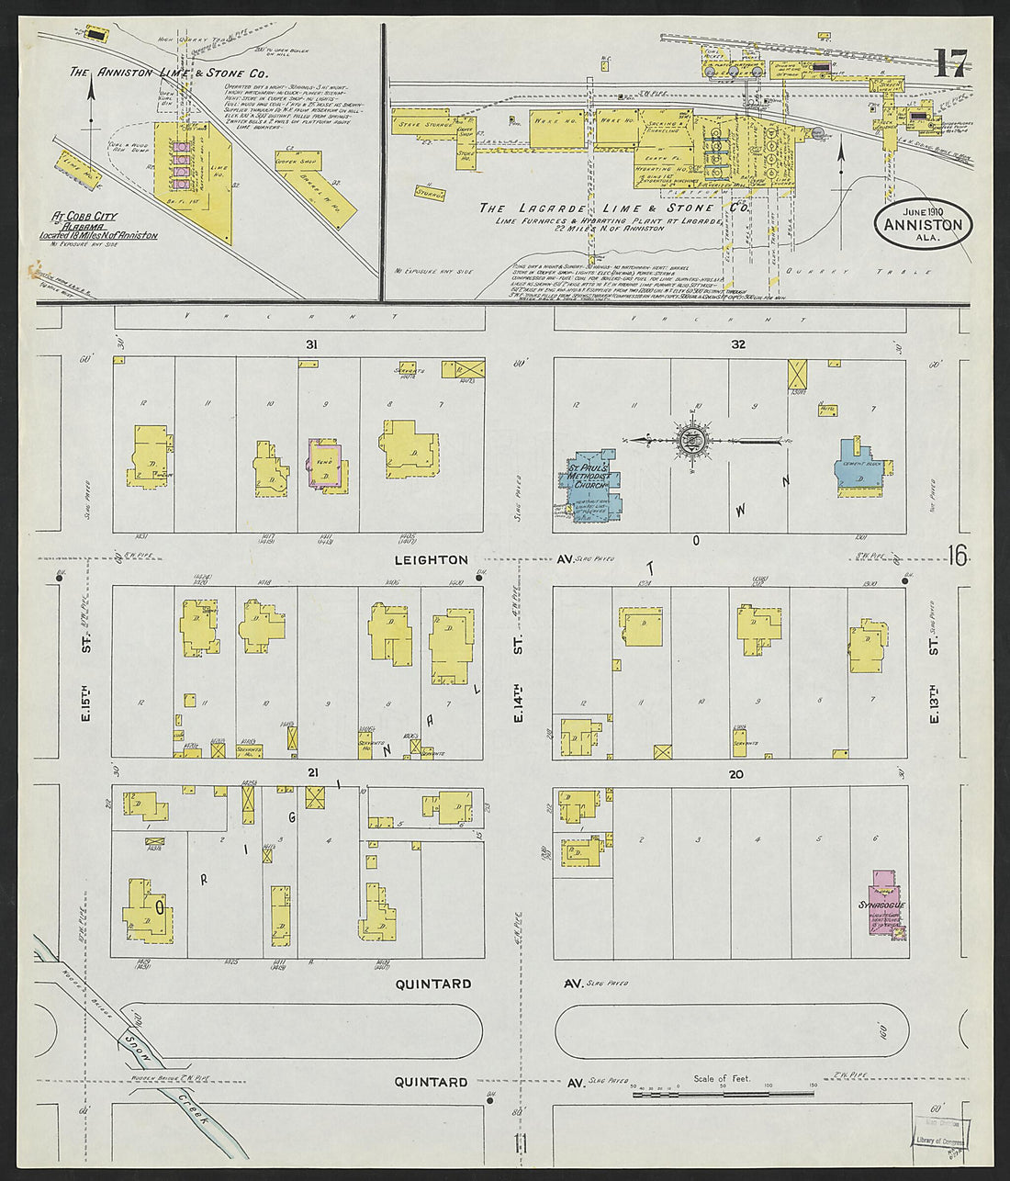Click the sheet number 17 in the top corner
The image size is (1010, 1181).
pyautogui.click(x=950, y=64)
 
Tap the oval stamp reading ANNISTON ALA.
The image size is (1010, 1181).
pyautogui.click(x=924, y=225)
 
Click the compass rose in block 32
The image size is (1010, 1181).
pyautogui.click(x=690, y=441)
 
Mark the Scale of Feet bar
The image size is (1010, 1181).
pyautogui.click(x=722, y=1093)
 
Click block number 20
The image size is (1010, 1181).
pyautogui.click(x=735, y=775)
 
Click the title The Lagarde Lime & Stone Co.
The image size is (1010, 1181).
pyautogui.click(x=612, y=209)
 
